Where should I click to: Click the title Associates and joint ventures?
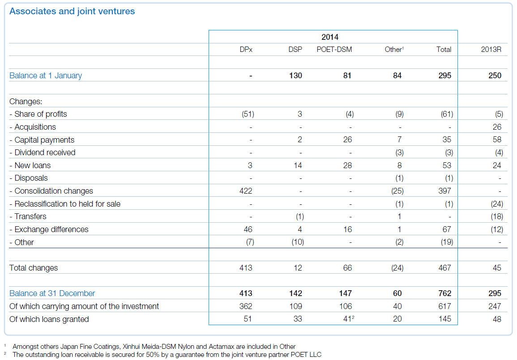[x=72, y=11]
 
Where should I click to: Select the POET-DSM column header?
[x=334, y=50]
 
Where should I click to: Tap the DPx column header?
[x=246, y=50]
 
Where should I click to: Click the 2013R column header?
[x=491, y=50]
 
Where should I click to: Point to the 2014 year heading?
[x=330, y=37]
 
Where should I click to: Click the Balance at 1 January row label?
[x=46, y=76]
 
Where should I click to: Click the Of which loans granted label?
[x=49, y=319]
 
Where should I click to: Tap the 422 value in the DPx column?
[x=246, y=191]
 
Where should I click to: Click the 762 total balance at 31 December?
[x=444, y=293]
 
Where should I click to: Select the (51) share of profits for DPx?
[x=248, y=114]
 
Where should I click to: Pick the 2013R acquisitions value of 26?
[x=497, y=127]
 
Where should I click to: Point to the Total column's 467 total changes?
[x=444, y=268]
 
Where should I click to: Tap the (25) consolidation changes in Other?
[x=396, y=191]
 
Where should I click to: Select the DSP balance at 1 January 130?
[x=295, y=76]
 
